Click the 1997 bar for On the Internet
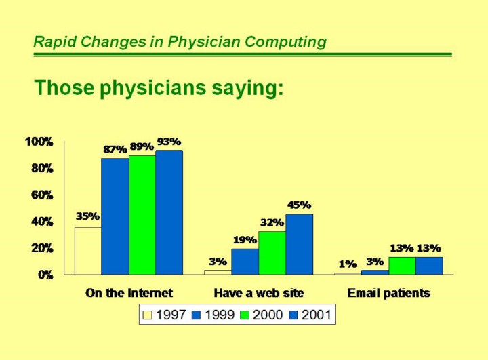pyautogui.click(x=87, y=251)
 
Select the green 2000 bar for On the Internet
pyautogui.click(x=142, y=215)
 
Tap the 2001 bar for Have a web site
pyautogui.click(x=299, y=244)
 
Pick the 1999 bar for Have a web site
pyautogui.click(x=245, y=262)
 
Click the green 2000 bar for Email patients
pyautogui.click(x=402, y=266)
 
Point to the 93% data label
pyautogui.click(x=169, y=142)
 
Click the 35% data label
pyautogui.click(x=87, y=216)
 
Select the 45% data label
pyautogui.click(x=299, y=205)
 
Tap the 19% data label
pyautogui.click(x=245, y=239)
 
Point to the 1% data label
pyautogui.click(x=348, y=264)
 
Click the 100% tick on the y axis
pyautogui.click(x=39, y=142)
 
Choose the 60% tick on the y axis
pyautogui.click(x=41, y=195)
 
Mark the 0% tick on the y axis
pyautogui.click(x=45, y=275)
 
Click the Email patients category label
pyautogui.click(x=388, y=294)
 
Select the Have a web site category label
pyautogui.click(x=259, y=294)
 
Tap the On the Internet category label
pyautogui.click(x=129, y=294)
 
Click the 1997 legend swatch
pyautogui.click(x=147, y=315)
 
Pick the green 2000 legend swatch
pyautogui.click(x=245, y=315)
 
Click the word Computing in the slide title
pyautogui.click(x=285, y=42)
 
